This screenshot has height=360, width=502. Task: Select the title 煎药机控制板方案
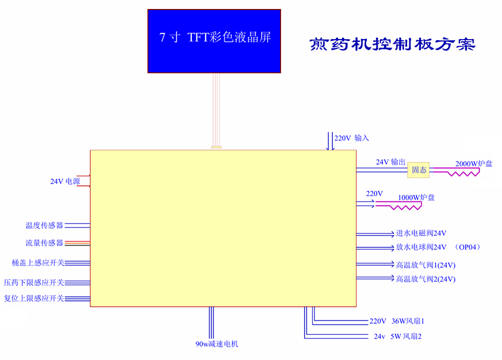pyautogui.click(x=392, y=45)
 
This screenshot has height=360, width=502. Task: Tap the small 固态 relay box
pyautogui.click(x=419, y=170)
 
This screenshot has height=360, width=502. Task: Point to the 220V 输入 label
pyautogui.click(x=352, y=138)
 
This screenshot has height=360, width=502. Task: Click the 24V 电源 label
pyautogui.click(x=65, y=181)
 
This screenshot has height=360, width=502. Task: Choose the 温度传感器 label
pyautogui.click(x=44, y=225)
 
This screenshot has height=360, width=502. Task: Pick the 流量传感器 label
pyautogui.click(x=44, y=243)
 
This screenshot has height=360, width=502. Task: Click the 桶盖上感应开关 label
pyautogui.click(x=38, y=263)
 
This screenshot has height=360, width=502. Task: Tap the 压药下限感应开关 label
pyautogui.click(x=34, y=282)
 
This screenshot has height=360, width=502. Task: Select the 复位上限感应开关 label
pyautogui.click(x=34, y=298)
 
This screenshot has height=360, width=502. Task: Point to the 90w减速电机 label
pyautogui.click(x=216, y=344)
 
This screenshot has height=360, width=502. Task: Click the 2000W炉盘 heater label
pyautogui.click(x=474, y=164)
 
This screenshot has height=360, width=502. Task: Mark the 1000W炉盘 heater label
pyautogui.click(x=416, y=197)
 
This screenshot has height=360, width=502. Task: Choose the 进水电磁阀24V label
pyautogui.click(x=421, y=233)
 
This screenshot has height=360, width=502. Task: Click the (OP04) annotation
pyautogui.click(x=467, y=247)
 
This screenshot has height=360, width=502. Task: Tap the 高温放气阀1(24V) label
pyautogui.click(x=426, y=265)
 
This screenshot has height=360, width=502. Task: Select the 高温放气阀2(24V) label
pyautogui.click(x=426, y=279)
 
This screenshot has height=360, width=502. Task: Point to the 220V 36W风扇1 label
pyautogui.click(x=400, y=321)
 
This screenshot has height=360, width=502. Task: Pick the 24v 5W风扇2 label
pyautogui.click(x=397, y=337)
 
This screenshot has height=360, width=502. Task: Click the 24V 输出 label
pyautogui.click(x=390, y=162)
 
